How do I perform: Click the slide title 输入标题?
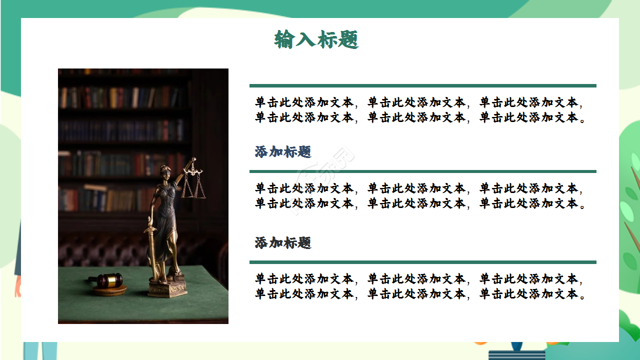click(x=316, y=39)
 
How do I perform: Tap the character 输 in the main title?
click(x=284, y=39)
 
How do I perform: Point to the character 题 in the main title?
click(x=348, y=39)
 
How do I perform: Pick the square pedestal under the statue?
click(x=167, y=288)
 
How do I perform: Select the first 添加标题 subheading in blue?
click(x=283, y=152)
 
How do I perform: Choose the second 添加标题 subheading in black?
click(x=283, y=243)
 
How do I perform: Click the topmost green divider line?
click(x=422, y=85)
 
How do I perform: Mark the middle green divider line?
click(x=422, y=171)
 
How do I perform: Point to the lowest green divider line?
click(x=422, y=262)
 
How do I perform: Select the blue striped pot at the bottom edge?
click(x=516, y=354)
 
